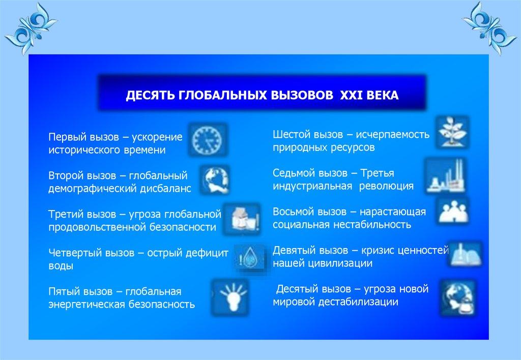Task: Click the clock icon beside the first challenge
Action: pyautogui.click(x=208, y=139)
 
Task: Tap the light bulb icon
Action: pyautogui.click(x=230, y=296)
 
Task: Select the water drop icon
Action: pyautogui.click(x=250, y=258)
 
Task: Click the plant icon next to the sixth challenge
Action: pyautogui.click(x=452, y=132)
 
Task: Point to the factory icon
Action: pyautogui.click(x=446, y=176)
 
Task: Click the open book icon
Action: pyautogui.click(x=465, y=254)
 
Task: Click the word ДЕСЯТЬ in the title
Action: pyautogui.click(x=150, y=95)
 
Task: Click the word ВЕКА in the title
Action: pyautogui.click(x=383, y=95)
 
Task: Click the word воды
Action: pyautogui.click(x=61, y=266)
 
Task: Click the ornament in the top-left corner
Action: pyautogui.click(x=31, y=28)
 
